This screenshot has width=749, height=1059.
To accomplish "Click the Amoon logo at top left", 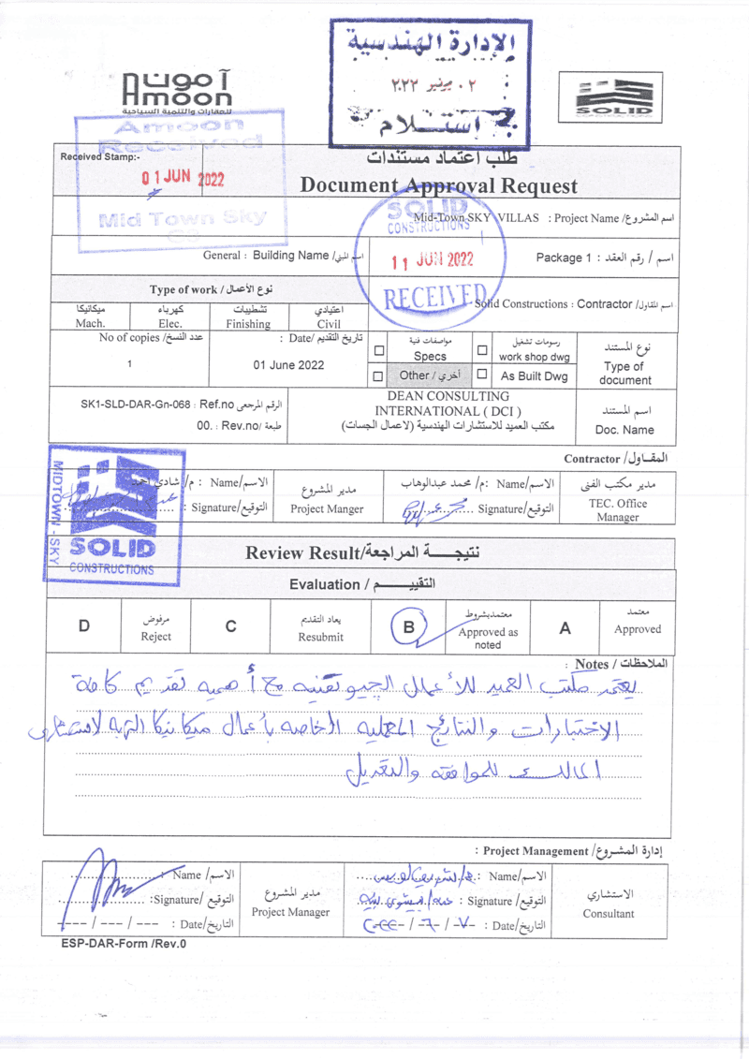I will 178,92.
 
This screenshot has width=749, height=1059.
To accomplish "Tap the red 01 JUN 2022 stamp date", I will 183,178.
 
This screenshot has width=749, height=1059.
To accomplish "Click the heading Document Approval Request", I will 438,185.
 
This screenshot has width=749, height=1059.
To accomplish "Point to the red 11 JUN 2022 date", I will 433,259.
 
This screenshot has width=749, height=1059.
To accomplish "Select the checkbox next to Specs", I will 379,351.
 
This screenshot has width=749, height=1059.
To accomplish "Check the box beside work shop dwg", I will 482,351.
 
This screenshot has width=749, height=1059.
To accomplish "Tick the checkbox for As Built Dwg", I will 482,375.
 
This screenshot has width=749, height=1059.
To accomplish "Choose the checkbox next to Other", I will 379,375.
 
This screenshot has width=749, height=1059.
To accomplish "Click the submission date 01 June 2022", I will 289,365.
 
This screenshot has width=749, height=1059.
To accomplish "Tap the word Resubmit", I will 320,637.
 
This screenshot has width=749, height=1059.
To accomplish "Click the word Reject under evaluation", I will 156,637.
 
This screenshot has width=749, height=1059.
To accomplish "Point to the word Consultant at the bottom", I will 608,914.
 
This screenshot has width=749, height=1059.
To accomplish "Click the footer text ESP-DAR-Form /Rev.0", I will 124,944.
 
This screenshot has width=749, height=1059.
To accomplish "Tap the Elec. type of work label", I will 171,324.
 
